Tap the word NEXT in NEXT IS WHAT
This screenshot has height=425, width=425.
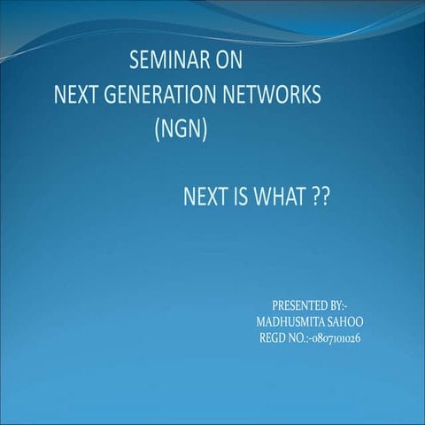(x=205, y=196)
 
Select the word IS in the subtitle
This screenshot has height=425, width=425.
(x=243, y=196)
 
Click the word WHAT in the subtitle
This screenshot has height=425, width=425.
(x=280, y=196)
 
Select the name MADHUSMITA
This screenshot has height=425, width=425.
(x=290, y=321)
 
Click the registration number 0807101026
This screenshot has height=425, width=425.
(x=340, y=337)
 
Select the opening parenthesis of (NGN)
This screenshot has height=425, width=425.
(x=157, y=129)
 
